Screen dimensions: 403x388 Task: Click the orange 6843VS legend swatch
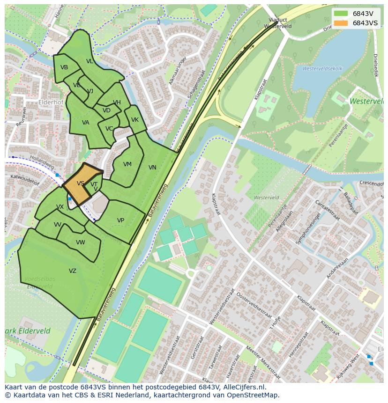click(341, 23)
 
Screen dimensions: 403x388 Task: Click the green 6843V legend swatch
click(341, 14)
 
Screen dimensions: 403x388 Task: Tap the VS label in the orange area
click(81, 183)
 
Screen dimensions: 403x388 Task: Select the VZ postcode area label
click(73, 271)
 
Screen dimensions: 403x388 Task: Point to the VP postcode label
click(120, 220)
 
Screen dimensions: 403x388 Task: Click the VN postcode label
click(152, 168)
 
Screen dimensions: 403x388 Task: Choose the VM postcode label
click(127, 164)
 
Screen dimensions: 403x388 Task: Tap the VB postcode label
click(64, 67)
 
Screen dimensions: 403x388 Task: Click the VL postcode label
click(90, 61)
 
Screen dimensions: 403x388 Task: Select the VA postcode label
click(86, 123)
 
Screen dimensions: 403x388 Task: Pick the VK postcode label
click(135, 120)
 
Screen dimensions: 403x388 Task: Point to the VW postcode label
click(81, 242)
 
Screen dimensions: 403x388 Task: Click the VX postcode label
click(60, 207)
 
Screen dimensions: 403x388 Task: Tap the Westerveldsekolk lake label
click(322, 68)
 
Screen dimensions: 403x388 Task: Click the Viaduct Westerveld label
click(277, 23)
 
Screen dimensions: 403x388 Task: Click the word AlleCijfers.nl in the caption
click(243, 387)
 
